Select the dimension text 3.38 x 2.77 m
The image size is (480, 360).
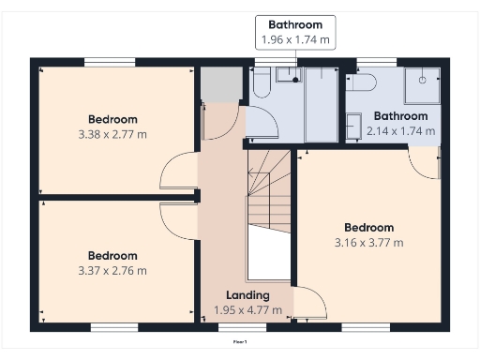point(112,134)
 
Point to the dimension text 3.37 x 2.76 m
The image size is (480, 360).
point(112,271)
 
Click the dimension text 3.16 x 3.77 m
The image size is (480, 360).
point(368,243)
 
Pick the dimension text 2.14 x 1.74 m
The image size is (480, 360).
point(400,131)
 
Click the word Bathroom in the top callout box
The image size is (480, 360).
point(295,24)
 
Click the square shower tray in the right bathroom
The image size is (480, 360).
point(421,87)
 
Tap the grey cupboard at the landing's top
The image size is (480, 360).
point(216,85)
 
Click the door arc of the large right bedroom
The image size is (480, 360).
point(309,302)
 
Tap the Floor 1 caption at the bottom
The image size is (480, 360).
point(240,342)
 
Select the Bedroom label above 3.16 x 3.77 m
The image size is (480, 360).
point(368,228)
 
